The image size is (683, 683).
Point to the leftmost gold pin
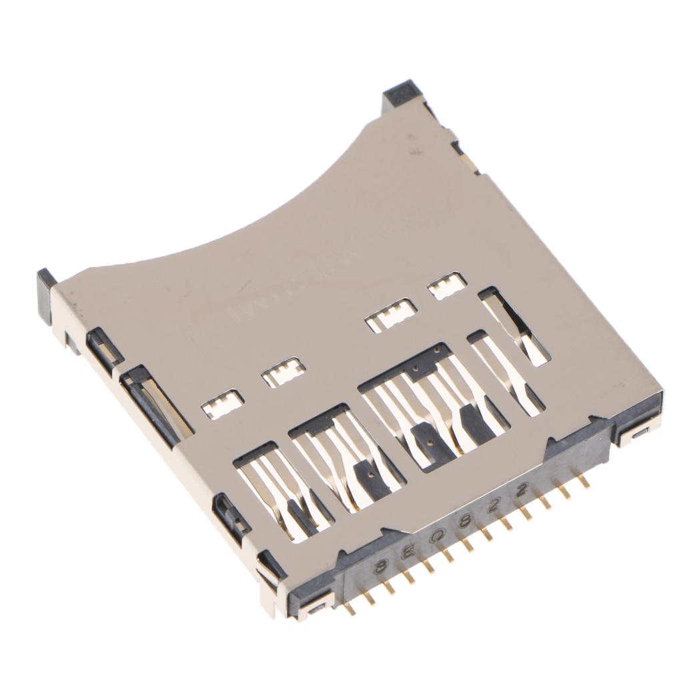click(349, 608)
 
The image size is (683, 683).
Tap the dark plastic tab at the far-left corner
click(46, 294)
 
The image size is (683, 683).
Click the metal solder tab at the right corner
click(638, 434)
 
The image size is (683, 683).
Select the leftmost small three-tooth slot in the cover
click(223, 404)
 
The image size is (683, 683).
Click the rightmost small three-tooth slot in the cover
click(447, 285)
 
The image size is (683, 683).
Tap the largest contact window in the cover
click(434, 407)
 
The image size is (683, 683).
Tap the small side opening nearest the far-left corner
click(104, 347)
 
